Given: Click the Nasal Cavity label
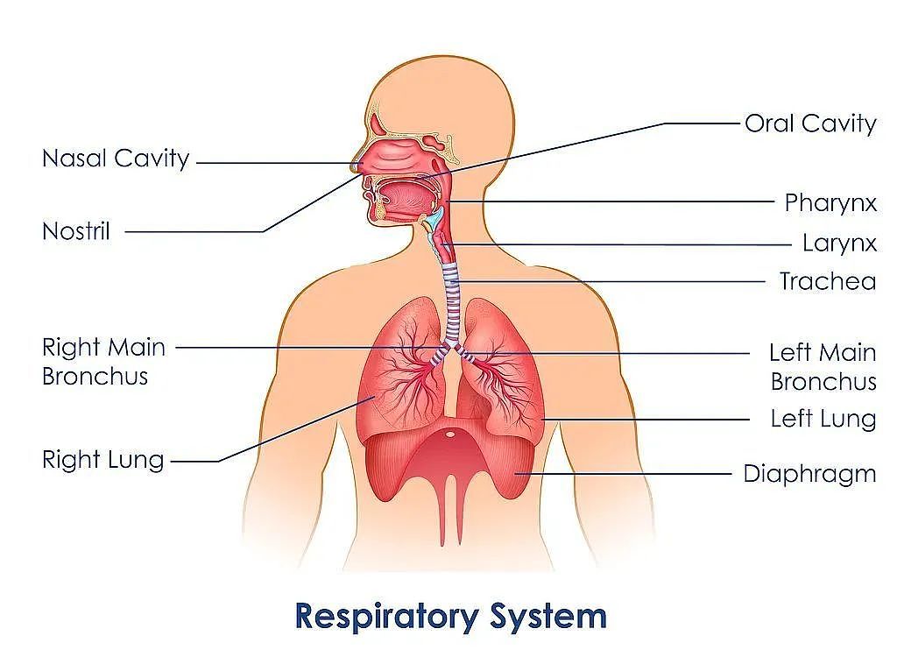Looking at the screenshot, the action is (x=116, y=159).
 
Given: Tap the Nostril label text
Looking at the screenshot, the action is (x=76, y=231).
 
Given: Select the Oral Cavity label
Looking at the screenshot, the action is (x=810, y=124).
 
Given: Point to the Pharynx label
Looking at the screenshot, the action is (x=830, y=203).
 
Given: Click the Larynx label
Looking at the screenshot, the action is (x=839, y=244).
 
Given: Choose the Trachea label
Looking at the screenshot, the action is (x=828, y=281).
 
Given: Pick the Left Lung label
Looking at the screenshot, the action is (x=823, y=420).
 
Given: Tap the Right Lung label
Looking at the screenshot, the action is (x=103, y=460).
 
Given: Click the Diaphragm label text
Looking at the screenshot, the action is (x=809, y=474).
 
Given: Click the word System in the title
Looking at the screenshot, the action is (x=548, y=618).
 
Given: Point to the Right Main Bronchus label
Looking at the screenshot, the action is (x=103, y=362).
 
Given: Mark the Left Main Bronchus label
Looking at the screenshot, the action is (x=823, y=367).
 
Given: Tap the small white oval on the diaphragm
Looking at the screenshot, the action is (x=451, y=434).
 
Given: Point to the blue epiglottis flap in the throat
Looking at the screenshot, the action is (x=434, y=218).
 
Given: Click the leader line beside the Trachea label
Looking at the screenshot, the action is (x=612, y=281).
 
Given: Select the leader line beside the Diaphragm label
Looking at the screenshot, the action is (x=623, y=474).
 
